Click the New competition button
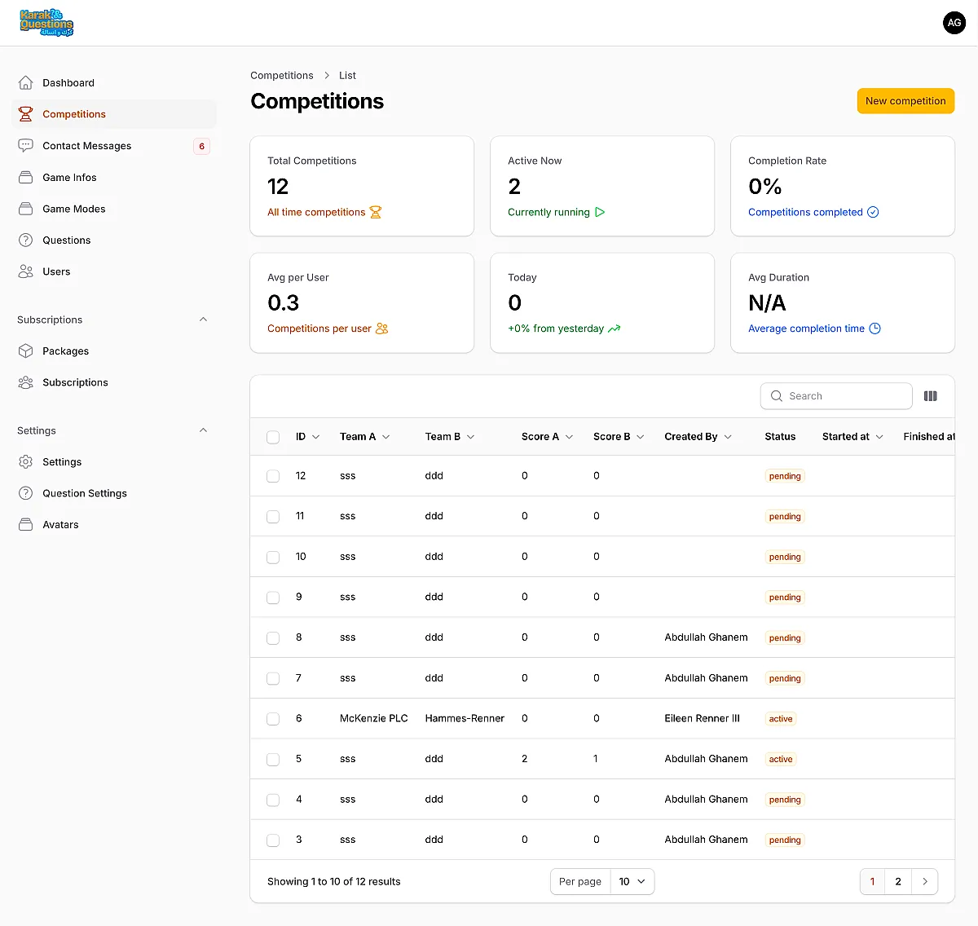pos(905,101)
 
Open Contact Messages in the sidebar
pos(86,146)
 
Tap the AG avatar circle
pos(954,23)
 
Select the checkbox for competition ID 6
pos(272,718)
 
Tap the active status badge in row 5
pos(780,760)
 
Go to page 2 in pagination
pos(897,882)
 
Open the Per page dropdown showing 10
pos(632,882)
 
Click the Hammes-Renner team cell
pos(464,718)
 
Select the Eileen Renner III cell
pos(702,718)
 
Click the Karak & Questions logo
pos(46,23)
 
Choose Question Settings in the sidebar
pos(85,493)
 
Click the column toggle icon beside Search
pos(930,396)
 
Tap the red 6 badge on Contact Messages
pos(201,146)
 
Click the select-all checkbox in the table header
pos(272,438)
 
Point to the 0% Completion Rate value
pos(764,187)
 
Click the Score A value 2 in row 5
pos(524,759)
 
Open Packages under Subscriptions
pos(65,351)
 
